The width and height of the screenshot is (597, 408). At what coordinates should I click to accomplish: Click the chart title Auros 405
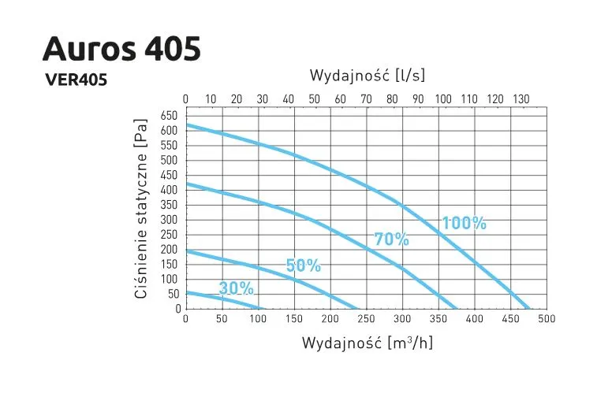[x=121, y=49]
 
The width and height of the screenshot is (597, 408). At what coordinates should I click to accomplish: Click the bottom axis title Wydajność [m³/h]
[x=367, y=343]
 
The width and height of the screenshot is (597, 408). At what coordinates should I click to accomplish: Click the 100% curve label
[x=464, y=223]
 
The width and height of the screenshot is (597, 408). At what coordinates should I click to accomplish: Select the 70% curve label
[x=391, y=239]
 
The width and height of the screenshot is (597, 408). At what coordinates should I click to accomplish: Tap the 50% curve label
[x=303, y=265]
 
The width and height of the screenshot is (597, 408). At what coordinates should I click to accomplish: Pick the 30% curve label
[x=236, y=288]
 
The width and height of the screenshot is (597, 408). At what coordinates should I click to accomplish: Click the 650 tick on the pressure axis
[x=170, y=115]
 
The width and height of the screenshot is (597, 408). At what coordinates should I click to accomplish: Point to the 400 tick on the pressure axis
[x=170, y=190]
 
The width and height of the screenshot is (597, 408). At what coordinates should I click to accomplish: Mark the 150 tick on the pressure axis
[x=170, y=264]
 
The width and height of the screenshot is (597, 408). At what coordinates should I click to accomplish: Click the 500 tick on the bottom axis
[x=547, y=319]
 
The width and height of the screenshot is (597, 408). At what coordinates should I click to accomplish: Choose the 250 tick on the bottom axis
[x=366, y=319]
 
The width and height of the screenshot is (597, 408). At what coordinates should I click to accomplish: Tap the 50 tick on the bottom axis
[x=222, y=319]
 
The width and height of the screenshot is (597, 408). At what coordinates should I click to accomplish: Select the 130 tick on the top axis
[x=521, y=99]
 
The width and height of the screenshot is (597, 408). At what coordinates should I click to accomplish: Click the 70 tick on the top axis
[x=366, y=99]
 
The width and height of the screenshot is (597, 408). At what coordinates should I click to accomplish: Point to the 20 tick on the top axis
[x=237, y=99]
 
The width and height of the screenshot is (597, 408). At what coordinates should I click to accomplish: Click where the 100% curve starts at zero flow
[x=186, y=124]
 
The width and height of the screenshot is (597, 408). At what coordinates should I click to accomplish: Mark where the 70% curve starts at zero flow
[x=186, y=184]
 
